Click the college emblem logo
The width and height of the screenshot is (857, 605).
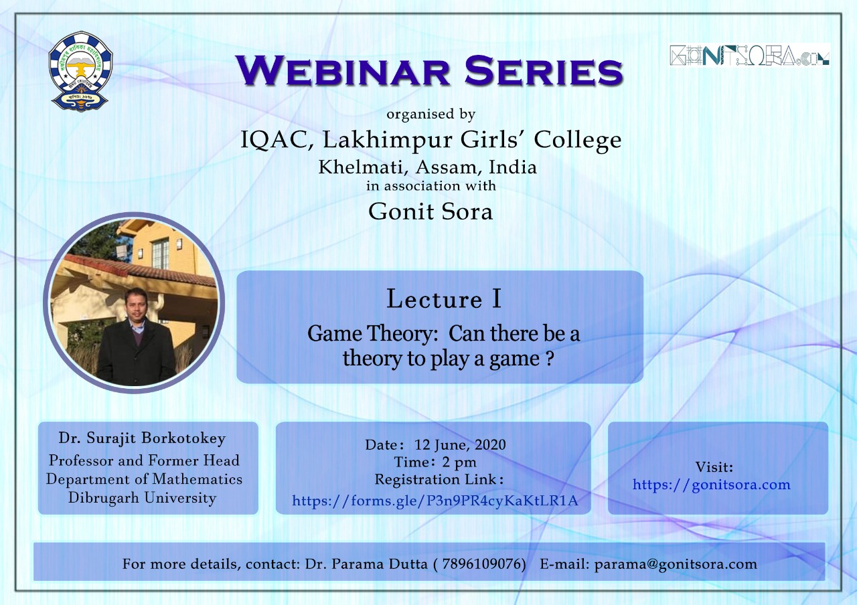pyautogui.click(x=81, y=72)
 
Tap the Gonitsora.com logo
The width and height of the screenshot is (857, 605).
pyautogui.click(x=749, y=56)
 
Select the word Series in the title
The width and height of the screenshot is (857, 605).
pyautogui.click(x=544, y=70)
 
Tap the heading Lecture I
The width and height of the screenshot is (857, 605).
pyautogui.click(x=443, y=298)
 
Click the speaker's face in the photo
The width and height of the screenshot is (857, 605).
pyautogui.click(x=136, y=305)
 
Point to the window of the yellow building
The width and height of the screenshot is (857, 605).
pyautogui.click(x=160, y=253)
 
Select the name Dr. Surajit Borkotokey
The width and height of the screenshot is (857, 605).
pyautogui.click(x=142, y=438)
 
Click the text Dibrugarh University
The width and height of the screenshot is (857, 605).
pyautogui.click(x=143, y=498)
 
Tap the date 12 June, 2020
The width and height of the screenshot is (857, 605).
pyautogui.click(x=460, y=445)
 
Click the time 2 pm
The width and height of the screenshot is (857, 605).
pyautogui.click(x=459, y=462)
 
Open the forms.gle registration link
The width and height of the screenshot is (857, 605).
pyautogui.click(x=435, y=500)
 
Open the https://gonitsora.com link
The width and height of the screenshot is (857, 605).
pyautogui.click(x=712, y=485)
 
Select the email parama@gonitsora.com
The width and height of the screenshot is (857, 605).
pyautogui.click(x=676, y=564)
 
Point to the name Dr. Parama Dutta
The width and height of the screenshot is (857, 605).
pyautogui.click(x=366, y=564)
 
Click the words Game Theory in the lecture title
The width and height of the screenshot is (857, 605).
pyautogui.click(x=372, y=334)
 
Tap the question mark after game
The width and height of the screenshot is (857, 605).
pyautogui.click(x=550, y=359)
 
